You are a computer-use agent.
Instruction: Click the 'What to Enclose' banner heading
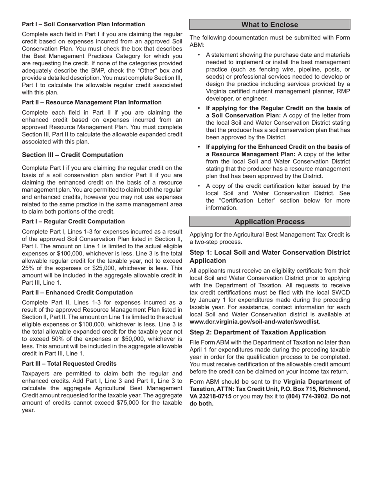point(269,25)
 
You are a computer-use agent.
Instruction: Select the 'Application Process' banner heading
point(269,222)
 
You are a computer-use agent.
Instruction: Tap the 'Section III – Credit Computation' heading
point(72,155)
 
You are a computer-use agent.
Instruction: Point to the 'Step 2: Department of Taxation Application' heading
point(257,332)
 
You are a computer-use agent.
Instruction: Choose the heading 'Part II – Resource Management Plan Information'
point(92,102)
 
